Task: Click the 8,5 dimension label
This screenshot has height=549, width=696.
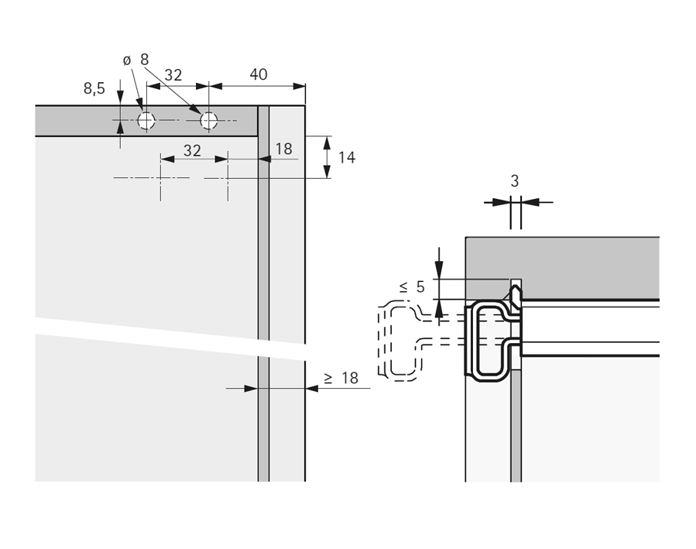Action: click(x=94, y=89)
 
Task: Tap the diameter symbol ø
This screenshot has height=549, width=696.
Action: click(x=128, y=60)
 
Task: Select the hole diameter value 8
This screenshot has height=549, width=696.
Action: click(x=145, y=60)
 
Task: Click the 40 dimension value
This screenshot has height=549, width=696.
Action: click(x=259, y=74)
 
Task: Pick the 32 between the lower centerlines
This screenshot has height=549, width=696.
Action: click(x=192, y=150)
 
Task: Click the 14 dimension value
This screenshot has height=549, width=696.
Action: click(x=347, y=157)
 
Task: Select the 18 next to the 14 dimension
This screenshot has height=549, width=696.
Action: click(x=284, y=149)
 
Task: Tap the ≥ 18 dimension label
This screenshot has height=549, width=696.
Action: click(x=341, y=378)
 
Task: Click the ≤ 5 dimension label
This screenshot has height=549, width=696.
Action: click(x=412, y=287)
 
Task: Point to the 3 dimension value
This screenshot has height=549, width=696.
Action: click(x=515, y=181)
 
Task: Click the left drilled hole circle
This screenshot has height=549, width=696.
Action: click(x=146, y=121)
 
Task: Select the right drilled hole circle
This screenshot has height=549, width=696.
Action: click(x=209, y=121)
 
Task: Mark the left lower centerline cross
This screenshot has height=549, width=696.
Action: click(x=160, y=178)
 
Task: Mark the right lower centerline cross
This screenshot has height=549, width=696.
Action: click(x=228, y=178)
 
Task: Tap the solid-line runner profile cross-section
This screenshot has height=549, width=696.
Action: click(x=489, y=341)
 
